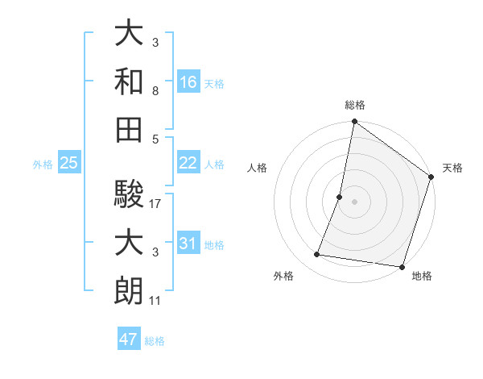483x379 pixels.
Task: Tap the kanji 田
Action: [x=129, y=129]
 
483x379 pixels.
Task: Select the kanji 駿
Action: [x=129, y=194]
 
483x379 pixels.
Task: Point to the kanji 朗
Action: [x=129, y=289]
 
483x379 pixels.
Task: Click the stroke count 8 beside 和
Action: [x=155, y=92]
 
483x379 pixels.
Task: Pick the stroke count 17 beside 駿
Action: [x=155, y=204]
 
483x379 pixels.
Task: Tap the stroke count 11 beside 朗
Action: [x=155, y=301]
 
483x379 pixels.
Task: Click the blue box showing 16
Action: [x=188, y=81]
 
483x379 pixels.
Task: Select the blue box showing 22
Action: [x=188, y=163]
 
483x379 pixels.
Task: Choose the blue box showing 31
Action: [x=188, y=244]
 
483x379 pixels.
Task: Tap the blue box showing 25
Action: [x=69, y=163]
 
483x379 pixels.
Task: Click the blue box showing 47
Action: [x=129, y=339]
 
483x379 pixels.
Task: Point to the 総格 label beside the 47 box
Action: [x=155, y=340]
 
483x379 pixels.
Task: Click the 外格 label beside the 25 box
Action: [x=43, y=164]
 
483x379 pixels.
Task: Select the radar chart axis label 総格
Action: [x=354, y=105]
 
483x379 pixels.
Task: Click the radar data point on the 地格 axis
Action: [x=402, y=267]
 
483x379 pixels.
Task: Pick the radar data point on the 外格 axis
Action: [x=317, y=255]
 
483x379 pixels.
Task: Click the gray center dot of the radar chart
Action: [x=354, y=202]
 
